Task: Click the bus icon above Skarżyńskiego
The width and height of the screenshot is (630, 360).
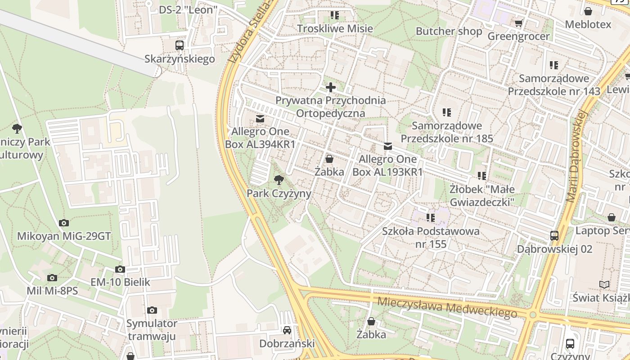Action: coord(180,45)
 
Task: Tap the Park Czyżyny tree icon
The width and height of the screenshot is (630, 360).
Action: coord(279,180)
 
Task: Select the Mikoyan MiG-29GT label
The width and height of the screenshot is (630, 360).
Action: coord(64,236)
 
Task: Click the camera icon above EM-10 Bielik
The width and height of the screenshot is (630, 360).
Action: coord(120,269)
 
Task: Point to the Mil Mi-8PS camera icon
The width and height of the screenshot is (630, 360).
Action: coord(52,278)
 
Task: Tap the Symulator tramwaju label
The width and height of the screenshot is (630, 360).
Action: coord(152,330)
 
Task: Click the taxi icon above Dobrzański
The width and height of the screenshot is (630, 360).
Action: coord(287,330)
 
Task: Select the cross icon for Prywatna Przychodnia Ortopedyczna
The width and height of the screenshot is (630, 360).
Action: coord(331,87)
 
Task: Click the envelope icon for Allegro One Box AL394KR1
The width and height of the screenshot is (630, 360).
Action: coord(260,119)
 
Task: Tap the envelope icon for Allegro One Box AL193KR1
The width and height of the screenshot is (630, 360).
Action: coord(388,146)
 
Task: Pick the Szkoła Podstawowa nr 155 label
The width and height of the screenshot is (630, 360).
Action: coord(431,238)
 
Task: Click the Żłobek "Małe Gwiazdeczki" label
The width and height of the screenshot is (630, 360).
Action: coord(482,195)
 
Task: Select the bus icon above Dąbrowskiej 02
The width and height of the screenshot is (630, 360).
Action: coord(554,235)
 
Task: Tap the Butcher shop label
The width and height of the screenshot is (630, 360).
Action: coord(449,31)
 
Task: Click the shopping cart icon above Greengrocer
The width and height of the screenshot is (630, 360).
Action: coord(518,23)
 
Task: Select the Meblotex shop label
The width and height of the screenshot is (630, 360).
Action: coord(588,24)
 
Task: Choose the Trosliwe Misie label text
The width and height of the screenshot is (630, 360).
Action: coord(335,29)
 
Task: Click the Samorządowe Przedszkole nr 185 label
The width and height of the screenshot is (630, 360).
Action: coord(447,132)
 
